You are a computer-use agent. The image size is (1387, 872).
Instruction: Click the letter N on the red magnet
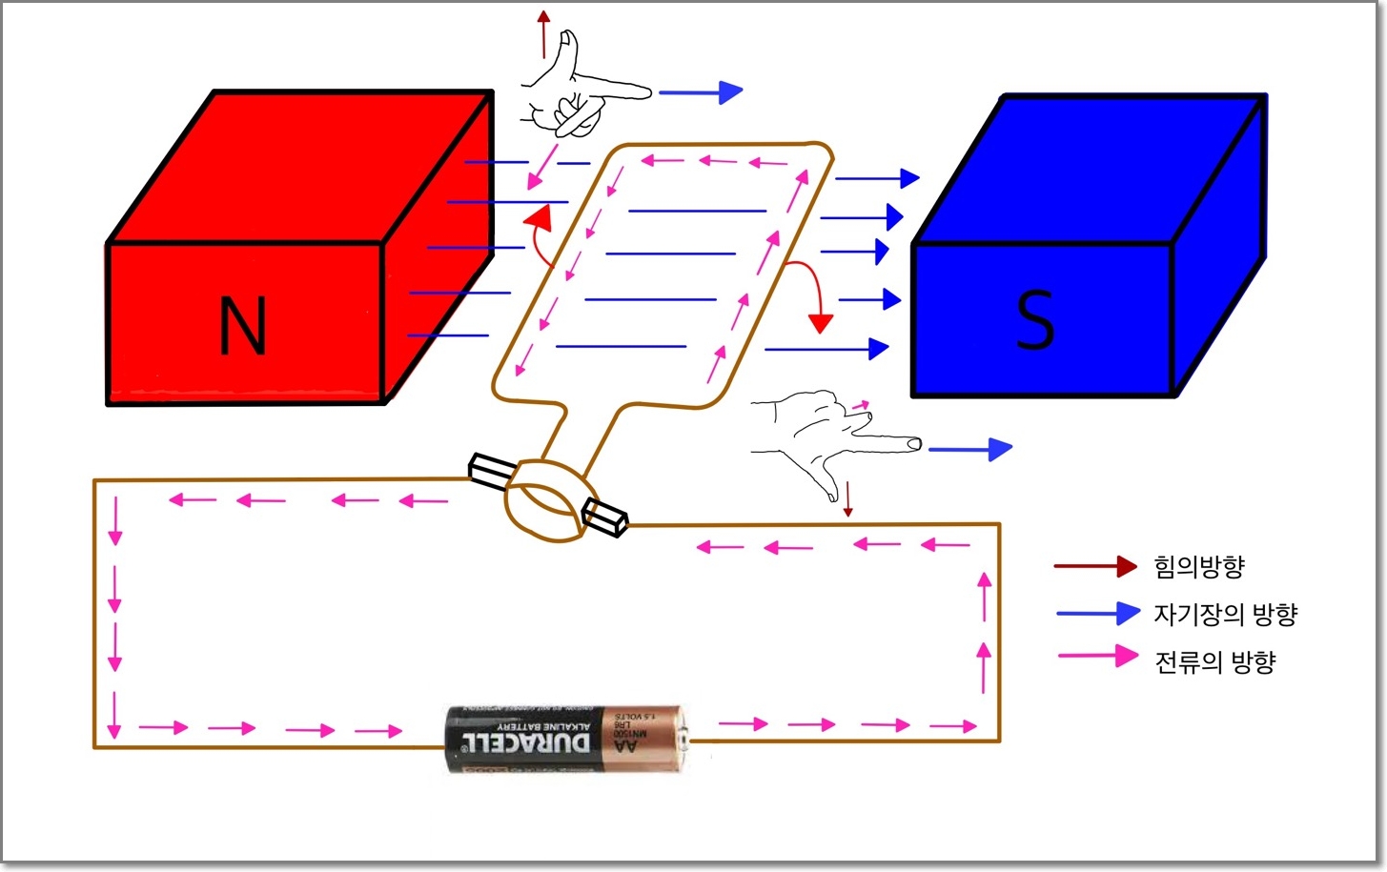(242, 326)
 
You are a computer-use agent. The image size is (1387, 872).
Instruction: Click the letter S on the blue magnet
(1035, 319)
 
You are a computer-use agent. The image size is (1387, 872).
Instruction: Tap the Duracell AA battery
(566, 739)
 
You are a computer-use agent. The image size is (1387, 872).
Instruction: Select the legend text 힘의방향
(1199, 567)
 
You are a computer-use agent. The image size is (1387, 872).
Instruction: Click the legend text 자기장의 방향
(1226, 615)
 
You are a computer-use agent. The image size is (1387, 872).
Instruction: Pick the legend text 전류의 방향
(1214, 661)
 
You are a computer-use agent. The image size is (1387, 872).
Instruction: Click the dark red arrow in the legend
(1095, 566)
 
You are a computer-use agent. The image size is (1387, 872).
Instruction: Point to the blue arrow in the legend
(1098, 613)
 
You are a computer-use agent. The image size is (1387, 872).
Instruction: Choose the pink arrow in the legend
(1098, 656)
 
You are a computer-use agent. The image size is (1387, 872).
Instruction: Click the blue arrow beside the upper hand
(701, 92)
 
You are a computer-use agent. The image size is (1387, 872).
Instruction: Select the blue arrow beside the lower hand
(969, 449)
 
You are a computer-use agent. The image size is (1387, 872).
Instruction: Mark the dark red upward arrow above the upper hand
(543, 32)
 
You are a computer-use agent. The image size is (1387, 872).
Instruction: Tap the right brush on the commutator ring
(605, 517)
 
